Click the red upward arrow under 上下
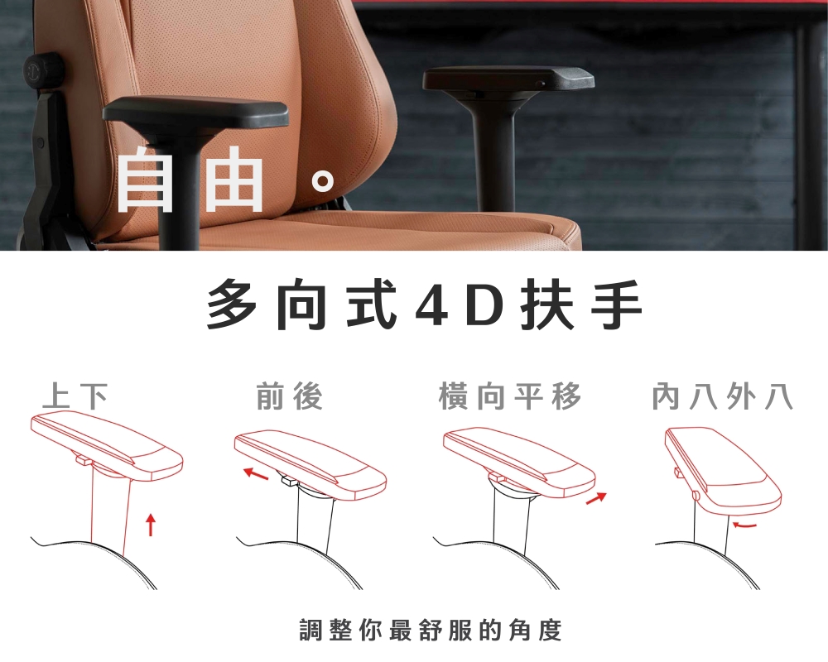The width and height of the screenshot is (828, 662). (x=150, y=524)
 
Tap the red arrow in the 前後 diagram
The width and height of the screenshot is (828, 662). (x=256, y=473)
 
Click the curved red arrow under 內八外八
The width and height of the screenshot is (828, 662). (x=744, y=524)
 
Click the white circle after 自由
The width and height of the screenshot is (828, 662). (x=324, y=181)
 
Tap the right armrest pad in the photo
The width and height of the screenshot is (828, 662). (x=508, y=79)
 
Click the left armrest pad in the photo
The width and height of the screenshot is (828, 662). (x=195, y=112)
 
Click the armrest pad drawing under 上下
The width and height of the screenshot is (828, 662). (x=106, y=443)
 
